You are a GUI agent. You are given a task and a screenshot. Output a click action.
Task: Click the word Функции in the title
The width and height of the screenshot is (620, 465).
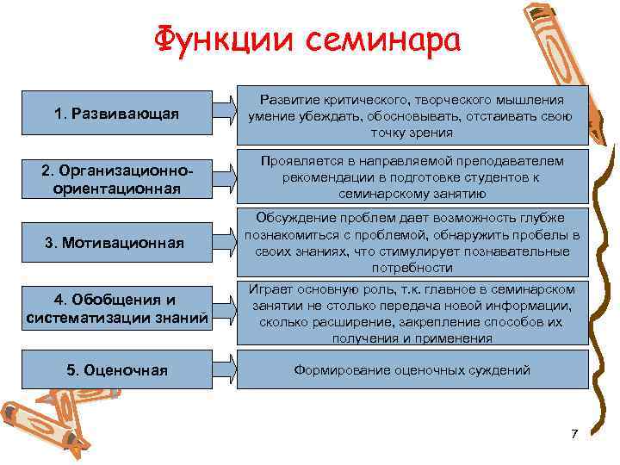tap(214, 40)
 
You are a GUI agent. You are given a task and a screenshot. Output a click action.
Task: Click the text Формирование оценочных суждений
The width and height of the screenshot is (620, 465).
tap(412, 370)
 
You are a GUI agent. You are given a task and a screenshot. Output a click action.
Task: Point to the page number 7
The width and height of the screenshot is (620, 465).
tap(574, 433)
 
